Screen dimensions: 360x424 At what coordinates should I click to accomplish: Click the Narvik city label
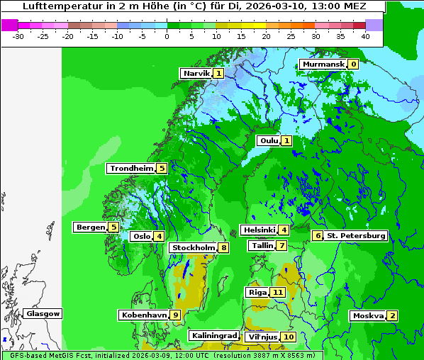click(x=196, y=73)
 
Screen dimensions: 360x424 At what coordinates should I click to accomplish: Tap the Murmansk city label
click(x=323, y=64)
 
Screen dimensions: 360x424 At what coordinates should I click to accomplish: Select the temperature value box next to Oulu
click(x=286, y=140)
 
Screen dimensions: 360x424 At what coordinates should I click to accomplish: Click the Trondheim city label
click(x=132, y=168)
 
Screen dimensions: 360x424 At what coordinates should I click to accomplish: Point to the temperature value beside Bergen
click(x=113, y=227)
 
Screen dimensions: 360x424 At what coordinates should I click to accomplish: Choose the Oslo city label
click(x=142, y=236)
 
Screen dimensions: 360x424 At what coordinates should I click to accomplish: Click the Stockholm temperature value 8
click(x=223, y=247)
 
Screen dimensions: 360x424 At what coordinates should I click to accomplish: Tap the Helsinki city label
click(x=259, y=230)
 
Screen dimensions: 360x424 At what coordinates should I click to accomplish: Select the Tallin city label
click(x=262, y=245)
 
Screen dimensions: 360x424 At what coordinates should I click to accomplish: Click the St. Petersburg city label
click(x=357, y=235)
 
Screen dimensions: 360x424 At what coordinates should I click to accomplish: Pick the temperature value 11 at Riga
click(x=278, y=292)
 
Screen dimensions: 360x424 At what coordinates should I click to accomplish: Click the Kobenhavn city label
click(x=145, y=315)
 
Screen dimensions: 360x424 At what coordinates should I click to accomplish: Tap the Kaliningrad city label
click(x=213, y=335)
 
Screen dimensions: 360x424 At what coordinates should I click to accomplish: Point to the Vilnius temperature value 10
click(x=288, y=337)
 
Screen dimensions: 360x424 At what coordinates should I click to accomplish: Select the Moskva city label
click(x=368, y=315)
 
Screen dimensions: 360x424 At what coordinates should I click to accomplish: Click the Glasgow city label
click(x=43, y=313)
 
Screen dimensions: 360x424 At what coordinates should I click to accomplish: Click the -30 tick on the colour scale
click(x=18, y=36)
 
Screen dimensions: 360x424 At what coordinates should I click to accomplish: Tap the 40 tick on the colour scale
click(x=364, y=36)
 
